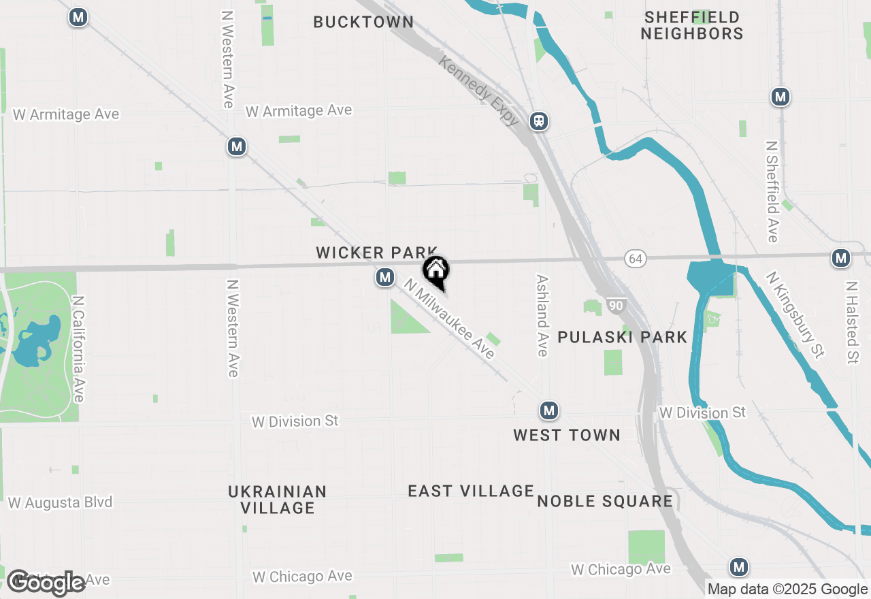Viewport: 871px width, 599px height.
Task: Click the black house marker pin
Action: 436,272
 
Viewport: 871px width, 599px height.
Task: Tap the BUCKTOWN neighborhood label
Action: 363,22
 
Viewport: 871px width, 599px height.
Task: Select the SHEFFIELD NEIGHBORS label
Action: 692,25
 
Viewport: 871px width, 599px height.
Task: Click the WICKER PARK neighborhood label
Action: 376,253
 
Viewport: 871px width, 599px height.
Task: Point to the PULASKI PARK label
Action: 623,337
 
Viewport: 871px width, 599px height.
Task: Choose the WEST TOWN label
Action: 567,435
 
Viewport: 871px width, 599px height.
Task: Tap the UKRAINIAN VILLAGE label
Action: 278,500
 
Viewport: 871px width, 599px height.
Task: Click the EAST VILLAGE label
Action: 471,491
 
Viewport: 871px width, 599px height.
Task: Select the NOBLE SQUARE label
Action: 605,502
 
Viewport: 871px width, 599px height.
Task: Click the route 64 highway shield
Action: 636,259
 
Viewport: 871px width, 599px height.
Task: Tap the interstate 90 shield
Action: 615,306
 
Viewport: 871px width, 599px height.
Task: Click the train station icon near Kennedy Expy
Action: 539,121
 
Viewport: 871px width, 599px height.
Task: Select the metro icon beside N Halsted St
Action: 842,258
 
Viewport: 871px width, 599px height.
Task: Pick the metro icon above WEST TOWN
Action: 549,410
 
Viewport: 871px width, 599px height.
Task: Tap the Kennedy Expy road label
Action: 479,91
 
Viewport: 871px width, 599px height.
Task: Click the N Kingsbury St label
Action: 795,314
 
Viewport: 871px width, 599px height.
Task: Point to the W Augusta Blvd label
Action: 60,503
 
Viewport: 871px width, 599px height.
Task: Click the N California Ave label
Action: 79,349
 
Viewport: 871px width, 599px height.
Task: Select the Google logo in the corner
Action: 46,583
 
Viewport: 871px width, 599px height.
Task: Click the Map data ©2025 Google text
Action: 787,589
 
